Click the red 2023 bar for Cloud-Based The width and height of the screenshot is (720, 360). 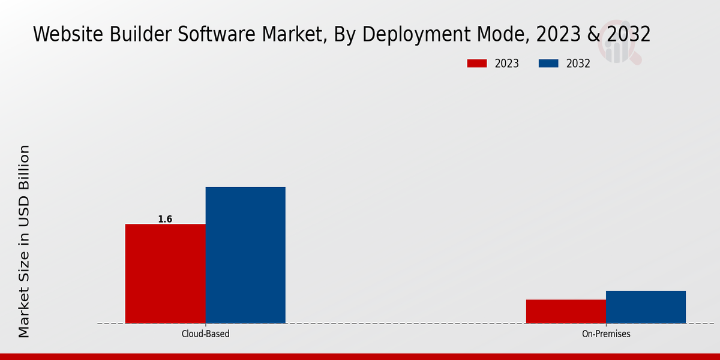click(x=165, y=274)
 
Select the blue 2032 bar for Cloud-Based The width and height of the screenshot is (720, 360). click(x=245, y=255)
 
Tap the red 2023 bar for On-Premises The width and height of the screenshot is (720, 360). click(x=566, y=311)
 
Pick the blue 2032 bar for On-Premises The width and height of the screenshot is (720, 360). click(x=646, y=307)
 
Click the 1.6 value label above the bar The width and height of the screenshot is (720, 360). click(x=165, y=220)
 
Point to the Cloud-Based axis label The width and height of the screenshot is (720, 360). click(x=205, y=334)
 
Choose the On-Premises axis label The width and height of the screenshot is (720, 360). click(x=606, y=334)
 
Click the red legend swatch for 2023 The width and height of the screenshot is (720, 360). click(x=476, y=64)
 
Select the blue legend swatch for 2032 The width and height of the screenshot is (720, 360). click(x=548, y=64)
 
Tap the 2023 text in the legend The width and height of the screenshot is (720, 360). click(x=507, y=64)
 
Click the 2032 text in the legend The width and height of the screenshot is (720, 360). click(x=578, y=64)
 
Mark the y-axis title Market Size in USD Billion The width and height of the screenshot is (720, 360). click(x=24, y=241)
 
